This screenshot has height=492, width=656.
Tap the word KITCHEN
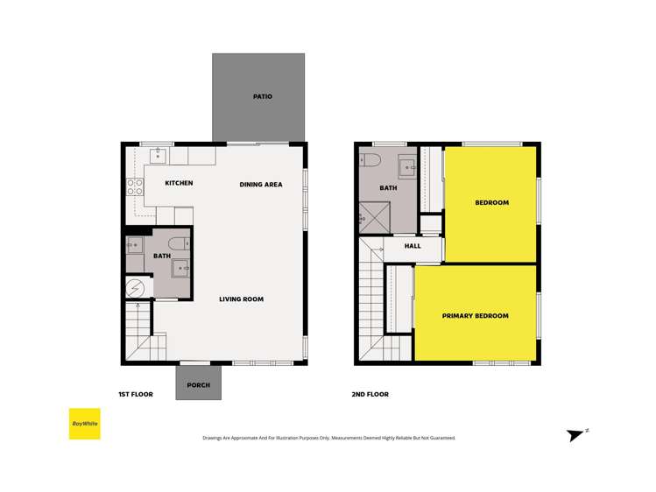179,183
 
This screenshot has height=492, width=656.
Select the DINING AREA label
261,185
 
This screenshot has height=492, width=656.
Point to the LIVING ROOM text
242,299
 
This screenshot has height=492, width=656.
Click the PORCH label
199,384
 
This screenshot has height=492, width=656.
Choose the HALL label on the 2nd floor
413,246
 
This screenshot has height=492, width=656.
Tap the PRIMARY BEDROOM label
475,316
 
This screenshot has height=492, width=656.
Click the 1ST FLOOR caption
136,394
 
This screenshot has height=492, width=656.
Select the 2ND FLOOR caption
370,394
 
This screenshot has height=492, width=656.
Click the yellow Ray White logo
85,424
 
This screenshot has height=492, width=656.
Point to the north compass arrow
576,434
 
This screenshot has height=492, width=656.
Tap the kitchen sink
159,156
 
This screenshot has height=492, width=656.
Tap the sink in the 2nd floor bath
407,165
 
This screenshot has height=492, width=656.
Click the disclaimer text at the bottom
328,438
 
